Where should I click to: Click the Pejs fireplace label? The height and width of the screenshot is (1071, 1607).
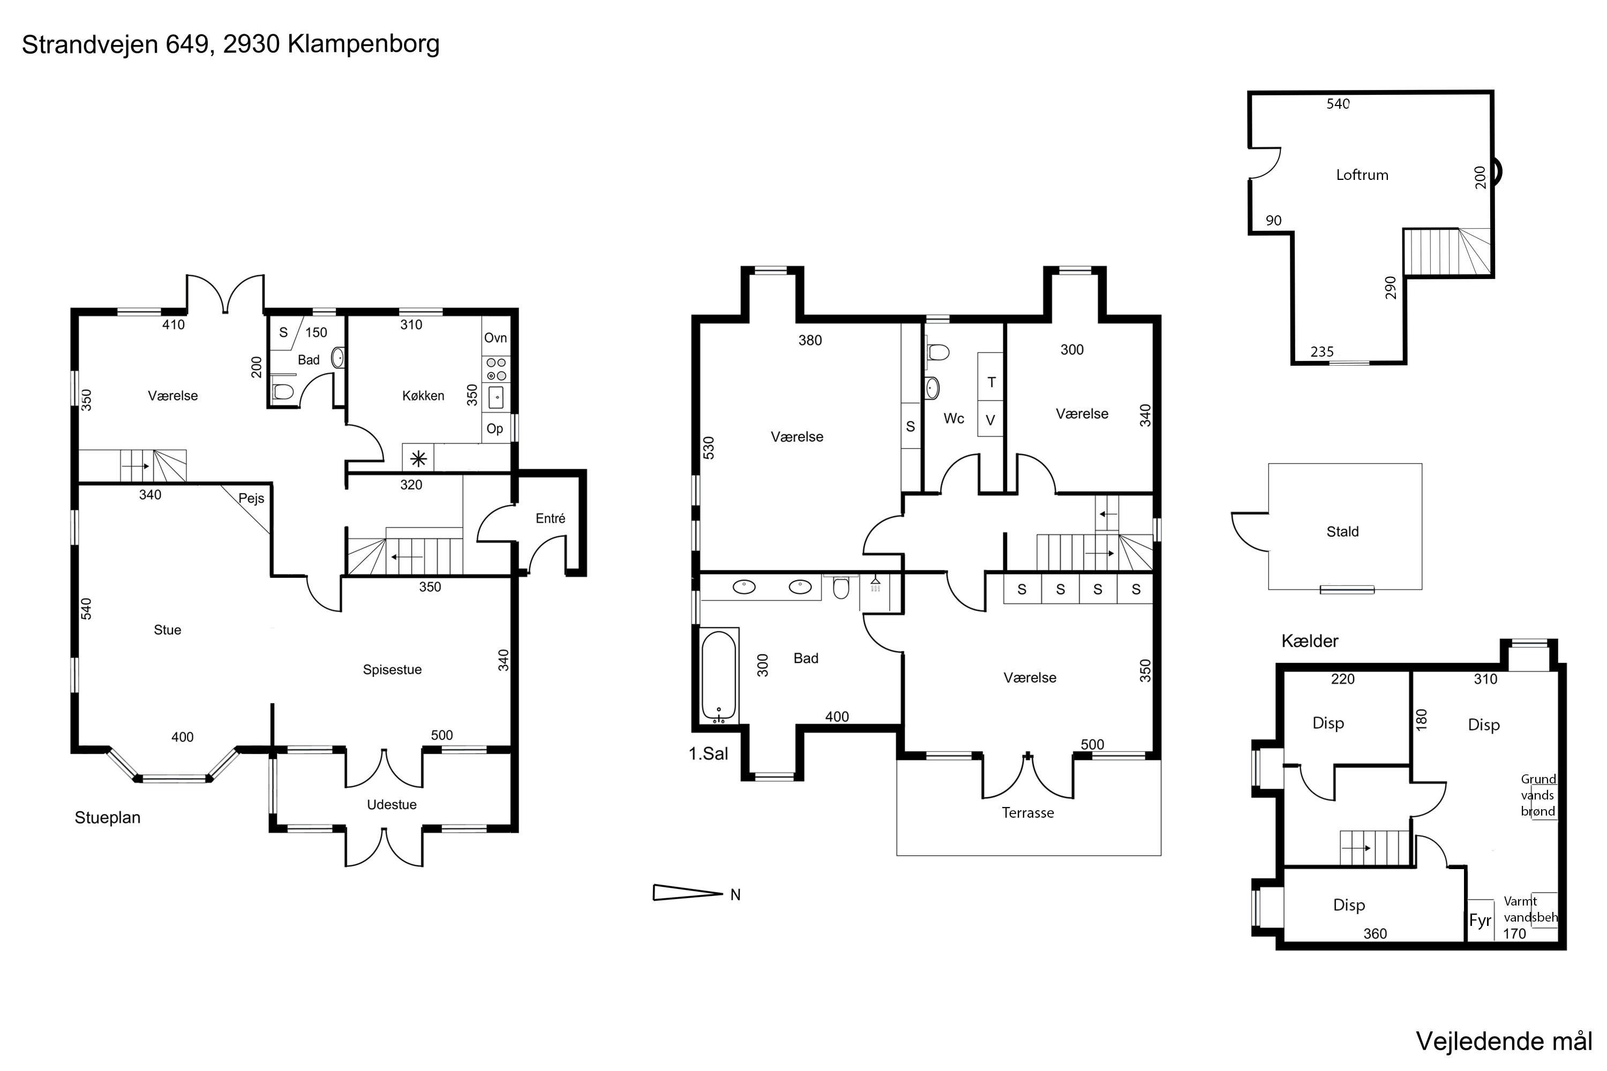pos(251,499)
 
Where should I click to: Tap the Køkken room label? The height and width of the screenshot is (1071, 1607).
pos(423,396)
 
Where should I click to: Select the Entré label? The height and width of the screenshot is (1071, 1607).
pos(550,518)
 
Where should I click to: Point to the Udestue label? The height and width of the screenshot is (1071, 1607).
pos(392,805)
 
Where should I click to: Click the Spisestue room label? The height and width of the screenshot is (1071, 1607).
pos(392,670)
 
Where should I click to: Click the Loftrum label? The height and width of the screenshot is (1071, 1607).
pos(1362,175)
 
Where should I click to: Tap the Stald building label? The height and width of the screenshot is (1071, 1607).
pos(1342,531)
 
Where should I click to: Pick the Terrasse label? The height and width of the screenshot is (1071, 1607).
pos(1027,813)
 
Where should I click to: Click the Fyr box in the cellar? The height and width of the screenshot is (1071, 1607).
pos(1481,921)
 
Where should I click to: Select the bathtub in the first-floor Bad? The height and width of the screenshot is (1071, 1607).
pos(719,675)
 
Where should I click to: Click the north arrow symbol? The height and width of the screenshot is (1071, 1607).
pos(688,893)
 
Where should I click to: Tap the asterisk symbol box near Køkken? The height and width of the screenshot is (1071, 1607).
pos(418,458)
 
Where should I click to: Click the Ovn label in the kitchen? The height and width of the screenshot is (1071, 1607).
pos(495,337)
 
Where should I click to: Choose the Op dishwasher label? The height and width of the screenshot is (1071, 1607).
pos(494,429)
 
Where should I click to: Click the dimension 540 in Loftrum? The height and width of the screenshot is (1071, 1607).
pos(1338,104)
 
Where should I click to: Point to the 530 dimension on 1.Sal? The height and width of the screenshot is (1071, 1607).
pos(709,448)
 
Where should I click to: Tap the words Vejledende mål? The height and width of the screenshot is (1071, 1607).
pos(1504,1042)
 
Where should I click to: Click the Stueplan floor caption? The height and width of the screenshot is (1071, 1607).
pos(107,818)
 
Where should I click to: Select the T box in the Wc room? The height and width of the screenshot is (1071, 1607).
pos(990,382)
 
